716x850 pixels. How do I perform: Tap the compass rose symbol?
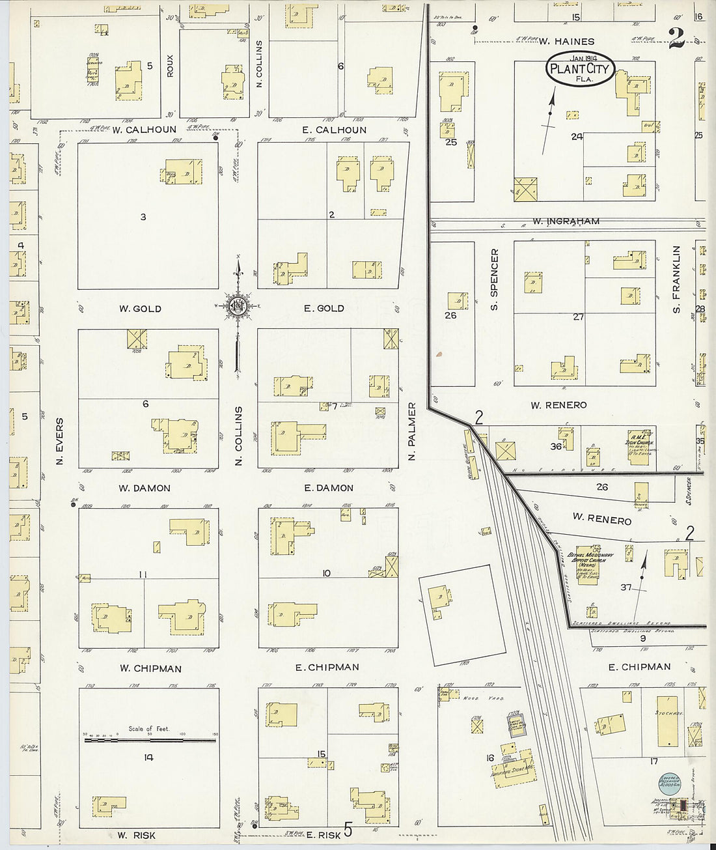tap(238, 306)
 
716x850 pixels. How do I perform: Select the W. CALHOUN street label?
tap(145, 130)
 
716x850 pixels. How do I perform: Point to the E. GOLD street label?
tap(324, 308)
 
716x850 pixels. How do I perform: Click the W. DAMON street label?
tap(145, 488)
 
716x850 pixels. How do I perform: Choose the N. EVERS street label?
tap(60, 441)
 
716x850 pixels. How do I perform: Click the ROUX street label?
tap(171, 65)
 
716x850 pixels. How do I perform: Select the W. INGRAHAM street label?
tap(566, 221)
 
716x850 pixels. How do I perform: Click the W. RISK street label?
tap(137, 835)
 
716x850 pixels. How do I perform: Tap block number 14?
tap(148, 757)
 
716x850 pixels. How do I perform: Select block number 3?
tap(143, 217)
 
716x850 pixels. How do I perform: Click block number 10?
tap(326, 573)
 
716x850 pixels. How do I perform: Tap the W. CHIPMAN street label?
tap(150, 668)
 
